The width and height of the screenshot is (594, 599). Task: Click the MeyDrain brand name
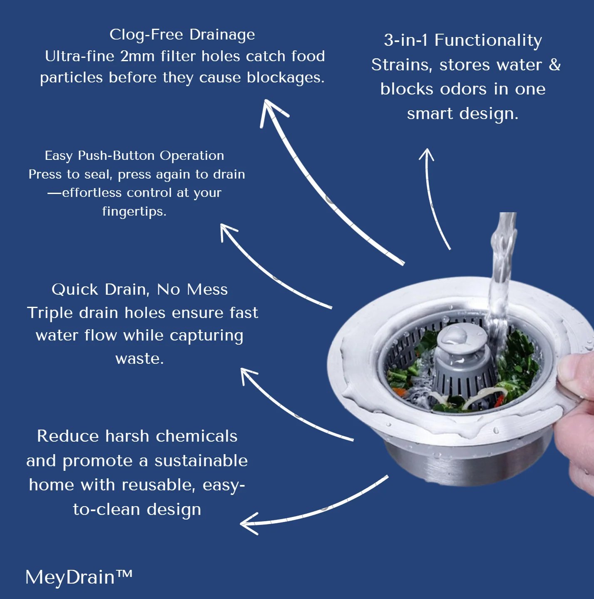point(79,577)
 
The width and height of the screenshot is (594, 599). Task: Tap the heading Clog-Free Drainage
point(182,35)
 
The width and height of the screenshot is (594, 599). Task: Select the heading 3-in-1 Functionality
point(463,41)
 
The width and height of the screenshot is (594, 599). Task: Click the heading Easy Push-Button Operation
point(134,155)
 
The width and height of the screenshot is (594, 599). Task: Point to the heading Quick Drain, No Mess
point(139,290)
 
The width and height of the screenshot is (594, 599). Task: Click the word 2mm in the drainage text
point(137,57)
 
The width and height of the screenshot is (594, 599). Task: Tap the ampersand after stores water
point(554,65)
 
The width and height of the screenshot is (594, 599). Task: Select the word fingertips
point(134,212)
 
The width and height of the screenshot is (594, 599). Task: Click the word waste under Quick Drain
point(139,359)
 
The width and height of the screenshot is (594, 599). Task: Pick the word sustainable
point(201,461)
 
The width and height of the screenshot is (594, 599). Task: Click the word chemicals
point(196,436)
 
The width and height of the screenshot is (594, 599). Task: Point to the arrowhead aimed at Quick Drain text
point(248,375)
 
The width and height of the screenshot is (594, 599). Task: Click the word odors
point(463,89)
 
